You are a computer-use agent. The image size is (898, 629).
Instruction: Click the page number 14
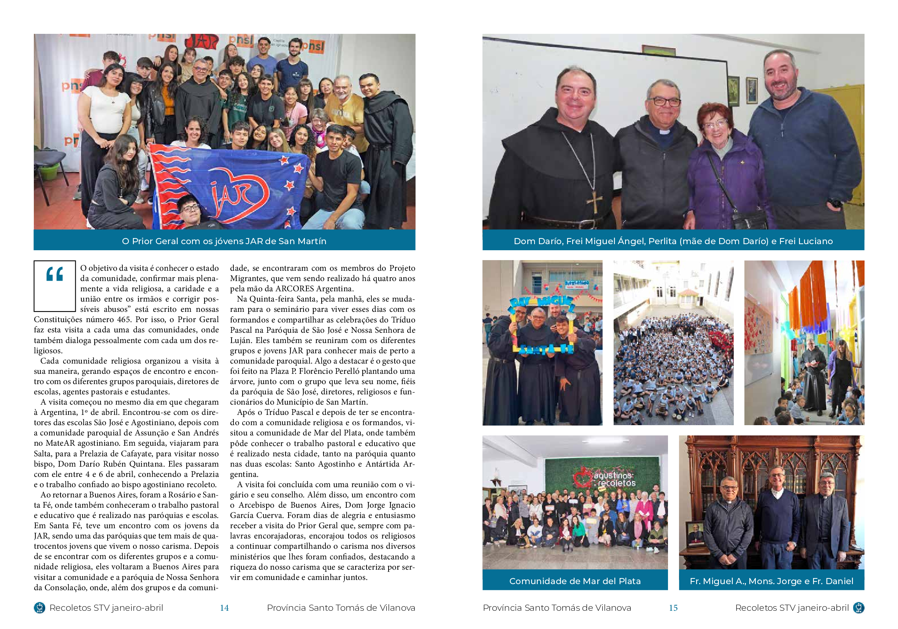(224, 607)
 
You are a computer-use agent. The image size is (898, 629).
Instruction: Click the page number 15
(673, 607)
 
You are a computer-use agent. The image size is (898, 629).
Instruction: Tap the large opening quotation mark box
(54, 286)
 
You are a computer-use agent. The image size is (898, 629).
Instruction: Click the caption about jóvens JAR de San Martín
(224, 241)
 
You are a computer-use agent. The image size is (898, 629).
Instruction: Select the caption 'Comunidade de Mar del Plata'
(575, 581)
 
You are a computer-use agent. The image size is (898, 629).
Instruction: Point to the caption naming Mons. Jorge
(771, 581)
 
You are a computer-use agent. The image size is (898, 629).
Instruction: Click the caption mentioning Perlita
(673, 241)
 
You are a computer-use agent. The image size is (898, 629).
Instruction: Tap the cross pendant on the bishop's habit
(594, 202)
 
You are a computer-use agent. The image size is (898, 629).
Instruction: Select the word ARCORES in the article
(295, 289)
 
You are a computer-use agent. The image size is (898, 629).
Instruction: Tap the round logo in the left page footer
(40, 607)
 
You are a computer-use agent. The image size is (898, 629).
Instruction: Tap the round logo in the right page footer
(858, 607)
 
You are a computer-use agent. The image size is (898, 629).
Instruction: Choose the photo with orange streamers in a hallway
(804, 343)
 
